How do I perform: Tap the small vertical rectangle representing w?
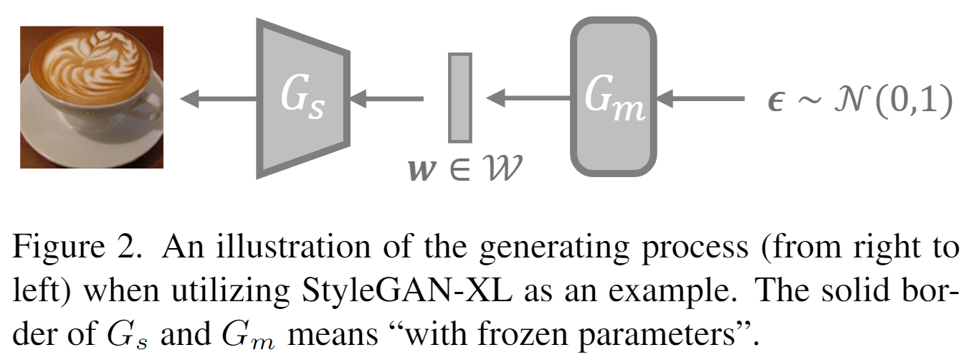[x=459, y=98]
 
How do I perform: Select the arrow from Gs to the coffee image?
[x=218, y=98]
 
